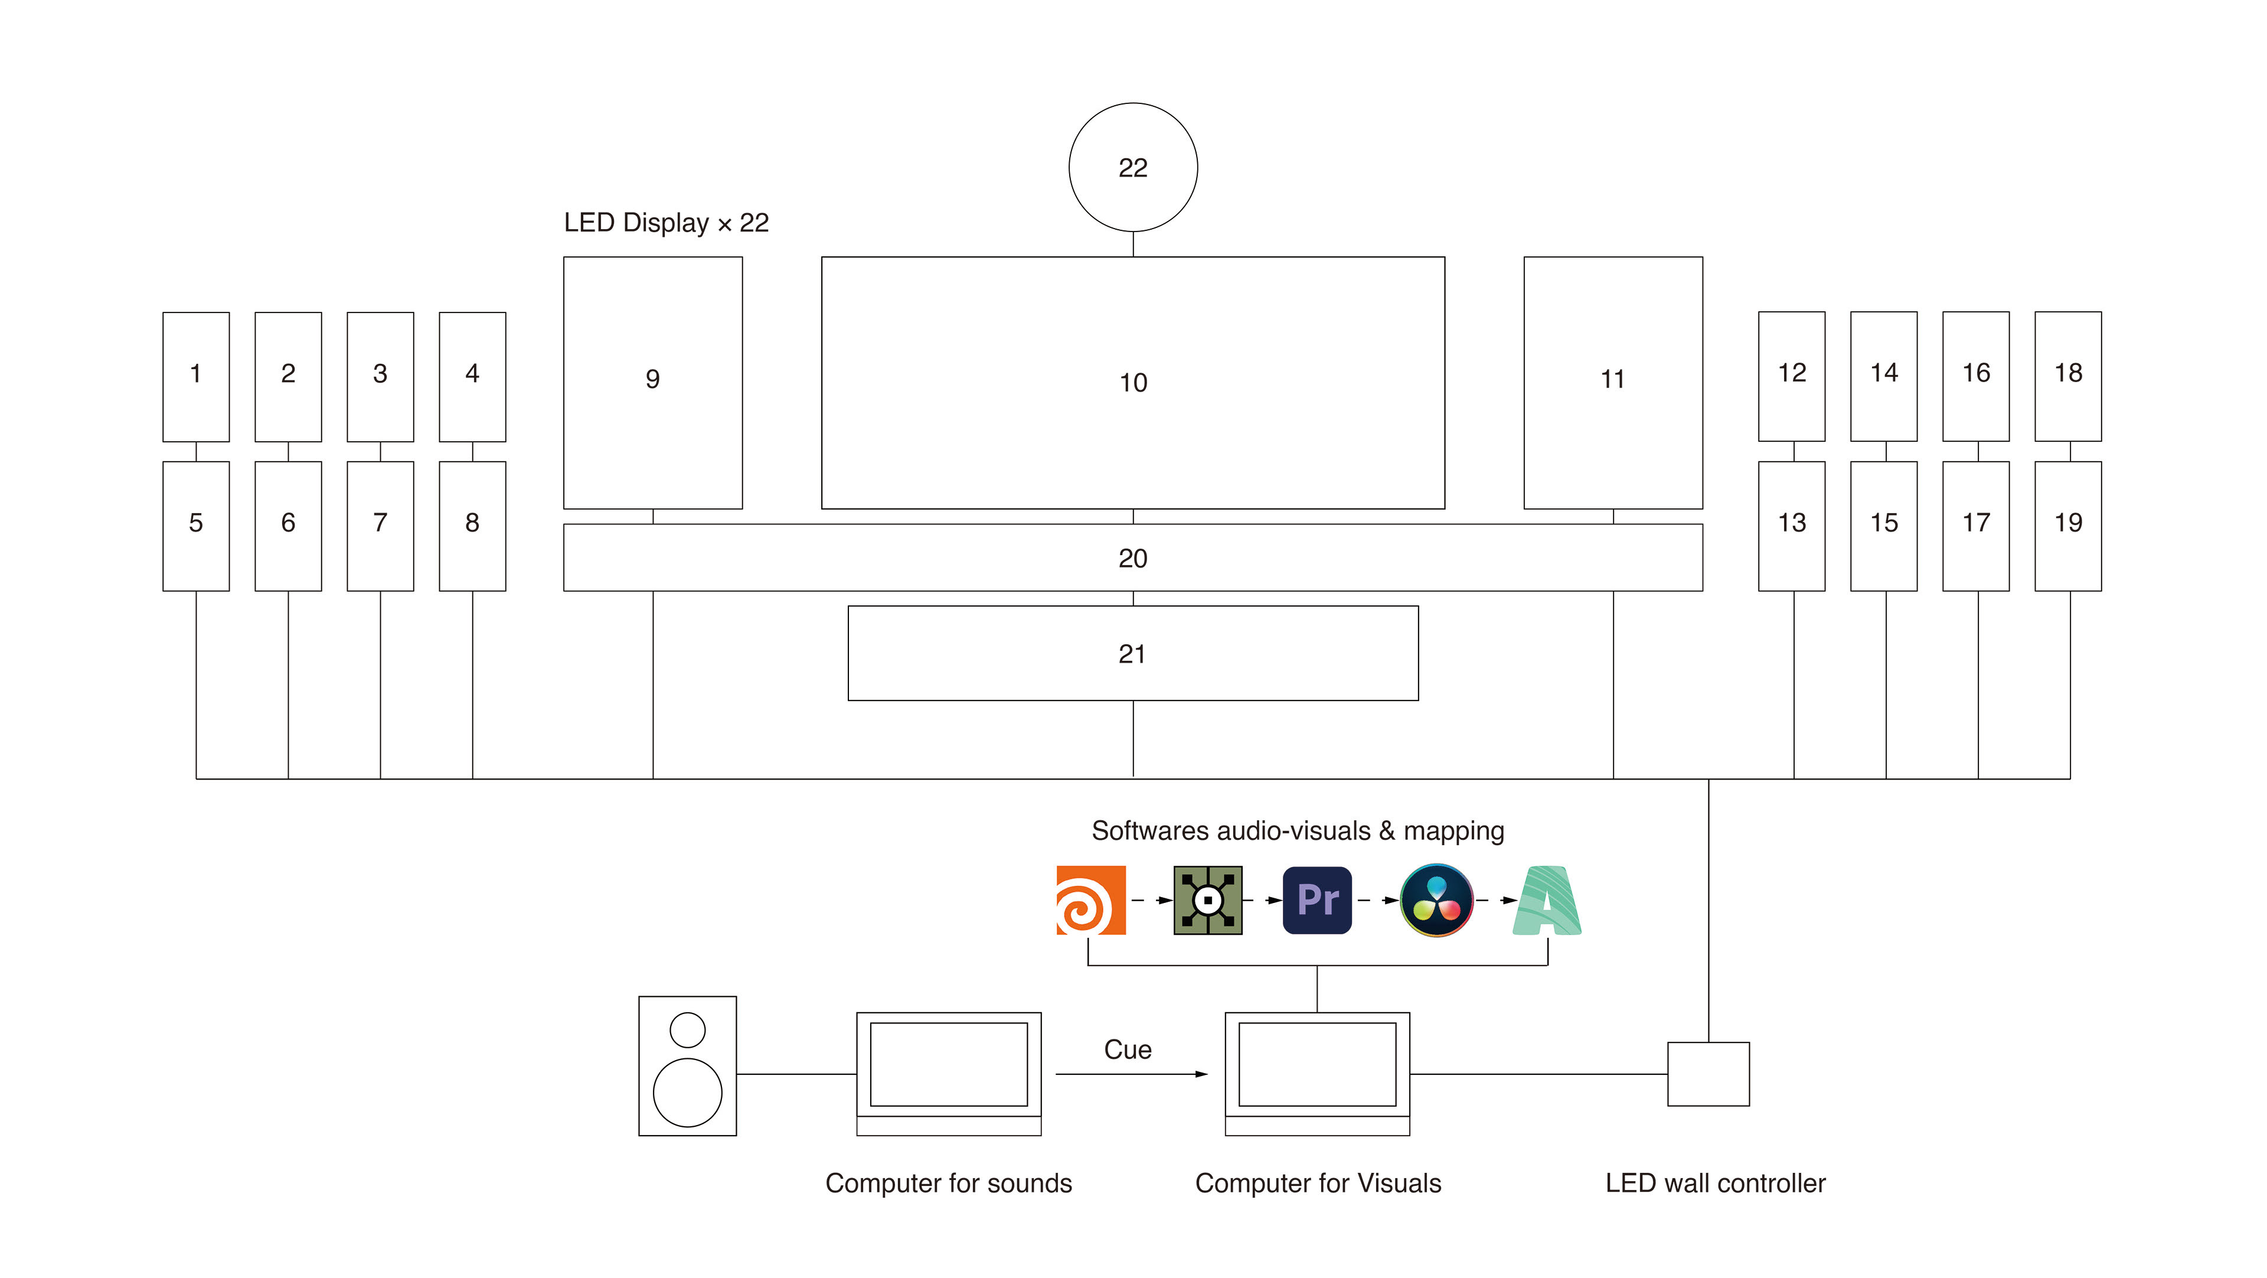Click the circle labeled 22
[x=1133, y=167]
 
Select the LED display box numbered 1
[x=196, y=377]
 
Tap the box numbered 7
[x=380, y=526]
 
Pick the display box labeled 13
[x=1792, y=526]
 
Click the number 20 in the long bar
[x=1133, y=558]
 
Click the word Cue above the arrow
[x=1128, y=1049]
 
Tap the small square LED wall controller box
[x=1708, y=1074]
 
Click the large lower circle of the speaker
[x=687, y=1093]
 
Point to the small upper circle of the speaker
[x=687, y=1030]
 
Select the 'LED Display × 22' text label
[x=666, y=223]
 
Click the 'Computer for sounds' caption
[x=949, y=1183]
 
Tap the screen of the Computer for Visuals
[x=1318, y=1064]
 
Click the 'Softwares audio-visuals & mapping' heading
[x=1298, y=831]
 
